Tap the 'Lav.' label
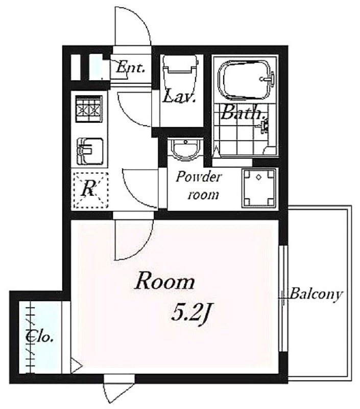tap(179, 96)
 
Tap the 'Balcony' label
tap(315, 294)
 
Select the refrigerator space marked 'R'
tap(90, 190)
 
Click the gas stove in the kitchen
tap(89, 109)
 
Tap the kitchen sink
tap(90, 151)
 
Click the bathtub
tap(246, 80)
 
